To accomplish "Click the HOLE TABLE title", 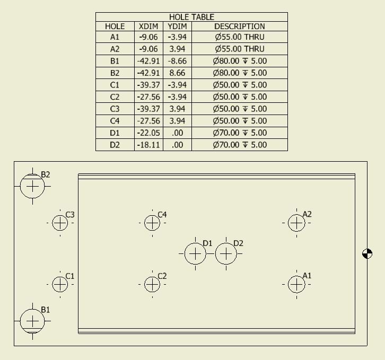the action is (191, 17).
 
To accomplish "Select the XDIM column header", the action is (148, 27).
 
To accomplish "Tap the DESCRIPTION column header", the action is (239, 27).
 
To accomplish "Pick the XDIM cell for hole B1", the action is (148, 61).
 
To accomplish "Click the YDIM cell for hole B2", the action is (177, 73).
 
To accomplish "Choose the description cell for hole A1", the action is (239, 37).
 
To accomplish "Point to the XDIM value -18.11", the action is (148, 145).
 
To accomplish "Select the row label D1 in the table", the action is (115, 133).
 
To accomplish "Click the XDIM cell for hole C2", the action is (148, 96).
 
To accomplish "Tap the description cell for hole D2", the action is (239, 145).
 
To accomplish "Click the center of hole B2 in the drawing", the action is (32, 187).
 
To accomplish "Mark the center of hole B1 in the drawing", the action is (32, 321).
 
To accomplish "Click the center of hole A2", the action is (296, 223).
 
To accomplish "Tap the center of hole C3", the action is (60, 223).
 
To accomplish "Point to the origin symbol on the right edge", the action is (367, 253).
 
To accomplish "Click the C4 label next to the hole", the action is (162, 215).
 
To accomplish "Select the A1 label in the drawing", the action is (307, 276).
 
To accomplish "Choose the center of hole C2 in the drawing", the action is (152, 284).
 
